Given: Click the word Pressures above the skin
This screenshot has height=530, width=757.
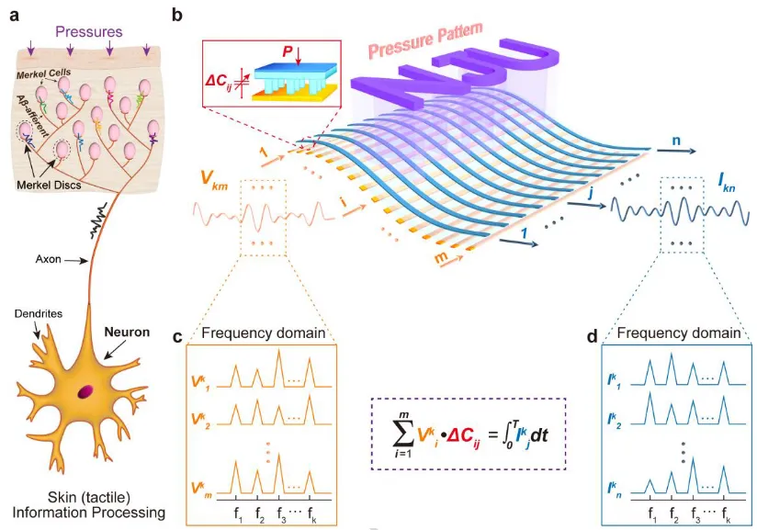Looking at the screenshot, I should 90,32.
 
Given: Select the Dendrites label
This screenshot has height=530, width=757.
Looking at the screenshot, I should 38,313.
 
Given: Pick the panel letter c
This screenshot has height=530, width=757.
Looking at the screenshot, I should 177,336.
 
